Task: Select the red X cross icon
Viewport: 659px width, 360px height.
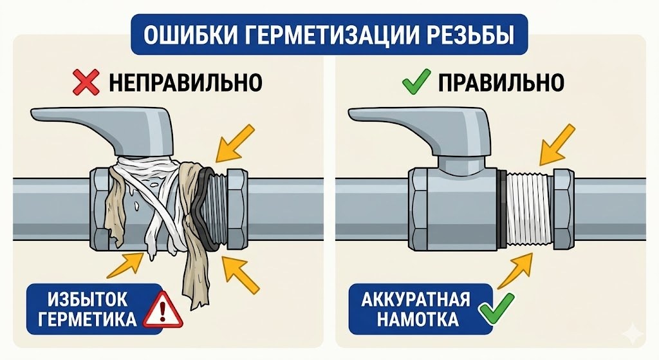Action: [x=86, y=82]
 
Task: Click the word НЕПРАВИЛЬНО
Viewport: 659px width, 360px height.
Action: [x=185, y=82]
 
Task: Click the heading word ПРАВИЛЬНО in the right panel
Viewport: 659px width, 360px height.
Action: [x=501, y=82]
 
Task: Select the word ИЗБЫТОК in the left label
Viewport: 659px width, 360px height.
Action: [x=87, y=300]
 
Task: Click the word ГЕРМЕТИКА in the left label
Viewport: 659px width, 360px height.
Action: [x=88, y=319]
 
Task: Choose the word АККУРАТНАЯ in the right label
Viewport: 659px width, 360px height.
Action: [x=415, y=300]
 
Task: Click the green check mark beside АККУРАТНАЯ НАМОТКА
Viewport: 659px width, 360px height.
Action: [x=497, y=309]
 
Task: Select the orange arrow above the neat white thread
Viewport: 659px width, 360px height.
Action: [x=557, y=145]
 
